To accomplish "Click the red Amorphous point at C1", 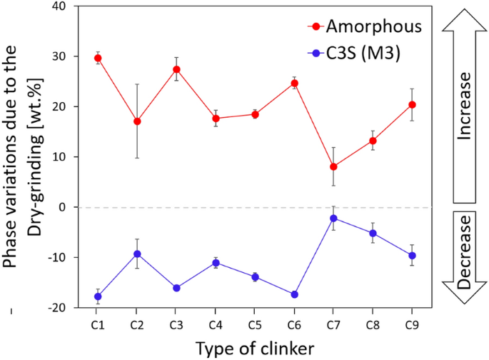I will (98, 58).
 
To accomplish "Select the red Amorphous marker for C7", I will (333, 166).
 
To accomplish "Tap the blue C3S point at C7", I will (333, 218).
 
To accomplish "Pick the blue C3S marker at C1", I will (98, 296).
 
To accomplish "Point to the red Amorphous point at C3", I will (176, 69).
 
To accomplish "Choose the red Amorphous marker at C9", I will (412, 105).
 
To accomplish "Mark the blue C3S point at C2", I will (137, 254).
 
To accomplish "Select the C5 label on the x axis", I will (255, 324).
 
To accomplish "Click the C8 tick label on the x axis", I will (373, 324).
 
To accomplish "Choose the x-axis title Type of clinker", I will (255, 347).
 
